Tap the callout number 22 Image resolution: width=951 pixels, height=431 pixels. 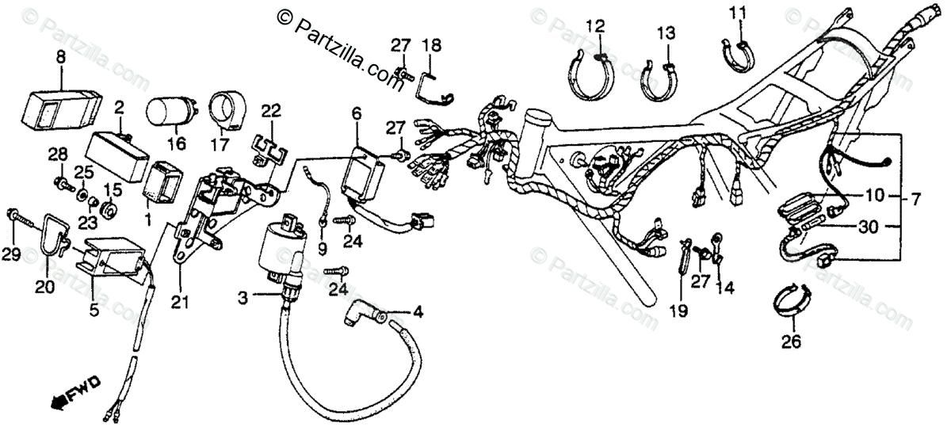click(270, 109)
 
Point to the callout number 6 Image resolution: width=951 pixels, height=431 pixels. click(357, 114)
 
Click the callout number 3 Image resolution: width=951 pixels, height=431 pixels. click(243, 297)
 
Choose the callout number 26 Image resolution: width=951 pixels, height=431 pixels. click(791, 342)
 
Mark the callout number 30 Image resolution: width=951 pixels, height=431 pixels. click(869, 226)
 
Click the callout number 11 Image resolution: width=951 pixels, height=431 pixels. click(738, 13)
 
